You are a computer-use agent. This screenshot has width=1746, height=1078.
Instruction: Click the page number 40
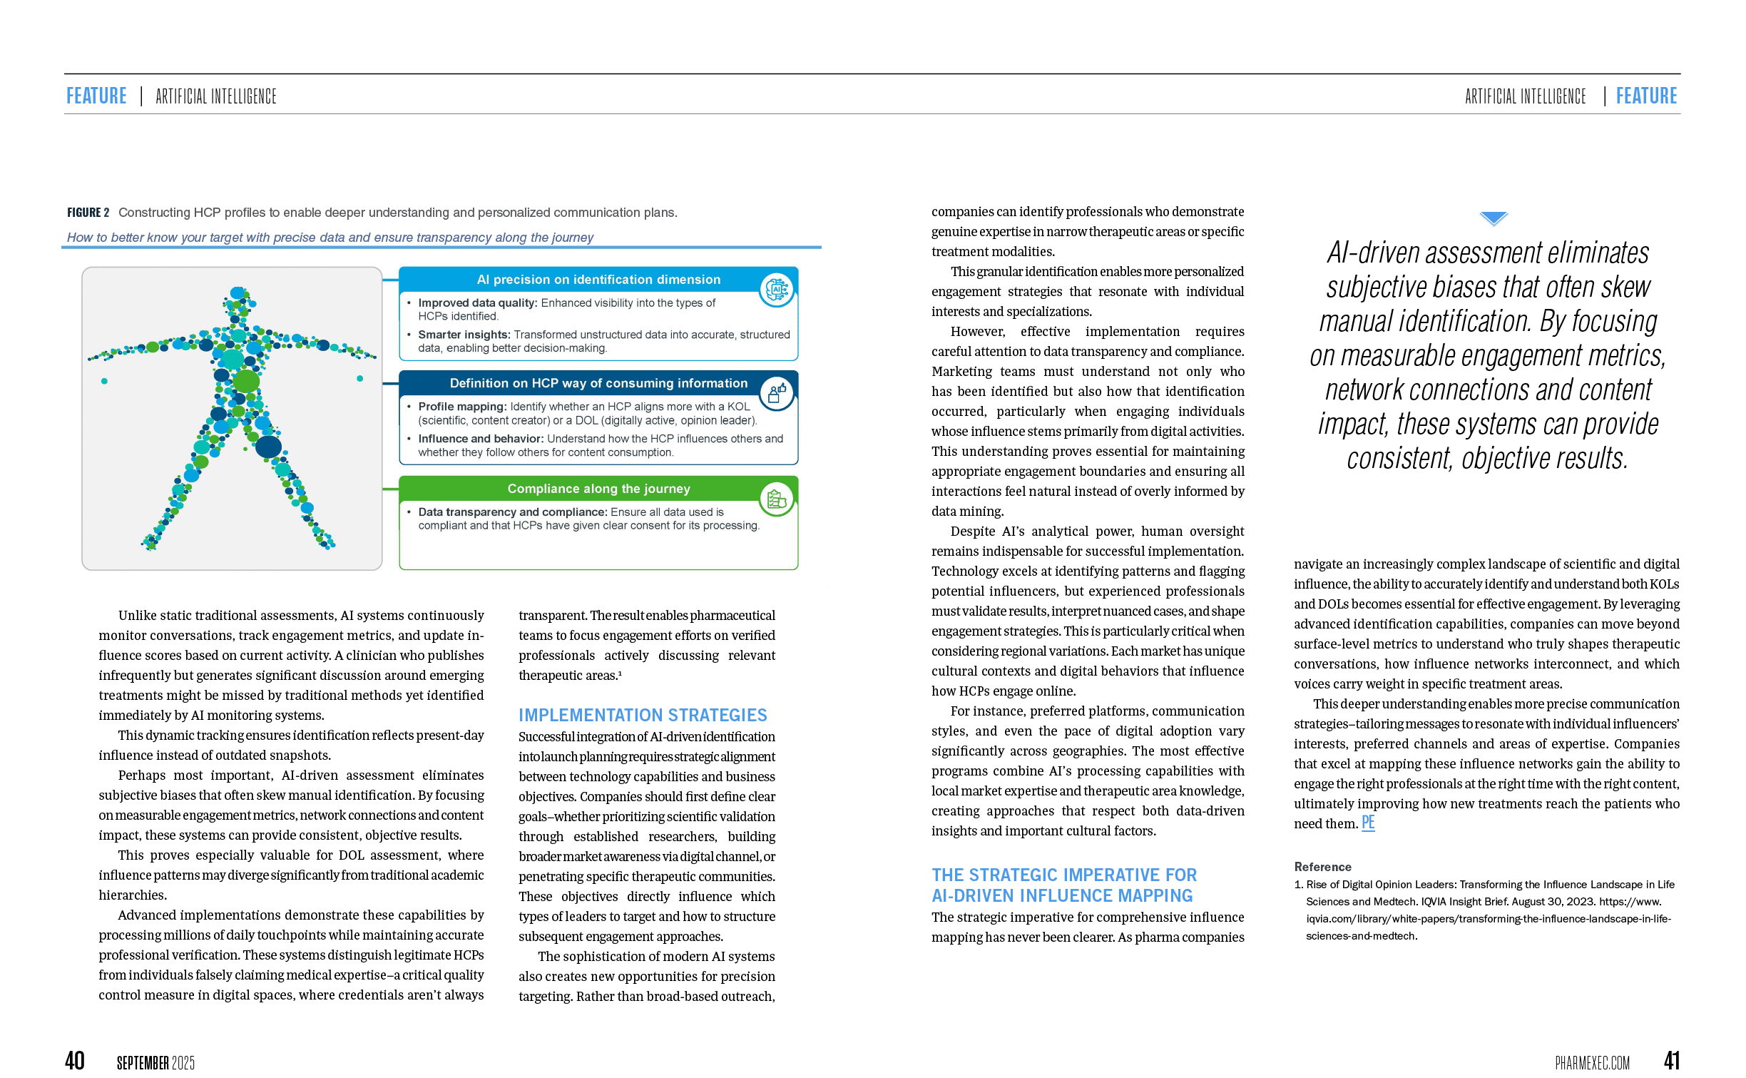coord(74,1061)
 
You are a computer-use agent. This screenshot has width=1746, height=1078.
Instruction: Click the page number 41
coord(1671,1061)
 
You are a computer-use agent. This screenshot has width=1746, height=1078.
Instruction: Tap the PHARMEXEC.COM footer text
coord(1592,1063)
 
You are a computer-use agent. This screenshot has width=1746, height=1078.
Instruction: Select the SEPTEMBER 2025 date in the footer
coord(155,1063)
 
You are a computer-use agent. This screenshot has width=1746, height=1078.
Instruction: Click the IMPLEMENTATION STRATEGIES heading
coord(643,715)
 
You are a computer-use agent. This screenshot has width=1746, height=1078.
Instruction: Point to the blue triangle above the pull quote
coord(1493,218)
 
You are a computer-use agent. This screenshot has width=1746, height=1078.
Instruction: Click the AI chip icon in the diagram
coord(776,290)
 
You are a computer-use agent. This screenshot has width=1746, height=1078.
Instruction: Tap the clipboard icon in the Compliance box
coord(776,499)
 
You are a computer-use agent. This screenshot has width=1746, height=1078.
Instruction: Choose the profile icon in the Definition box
coord(776,393)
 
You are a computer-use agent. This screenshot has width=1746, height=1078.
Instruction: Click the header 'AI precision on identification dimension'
coord(598,280)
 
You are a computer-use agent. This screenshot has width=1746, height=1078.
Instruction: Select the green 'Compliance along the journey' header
coord(598,489)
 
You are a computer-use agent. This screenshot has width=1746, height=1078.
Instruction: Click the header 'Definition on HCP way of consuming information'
coord(598,383)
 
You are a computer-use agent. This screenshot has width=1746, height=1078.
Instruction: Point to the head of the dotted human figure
coord(238,295)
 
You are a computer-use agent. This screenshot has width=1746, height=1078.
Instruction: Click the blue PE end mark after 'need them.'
coord(1367,823)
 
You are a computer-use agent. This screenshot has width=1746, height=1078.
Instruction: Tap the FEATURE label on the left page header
coord(96,96)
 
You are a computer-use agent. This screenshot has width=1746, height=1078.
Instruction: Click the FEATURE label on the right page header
coord(1646,96)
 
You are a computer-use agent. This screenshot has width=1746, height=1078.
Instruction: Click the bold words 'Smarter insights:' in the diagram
coord(464,335)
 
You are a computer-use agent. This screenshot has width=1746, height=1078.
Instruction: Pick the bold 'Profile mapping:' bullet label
coord(462,407)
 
